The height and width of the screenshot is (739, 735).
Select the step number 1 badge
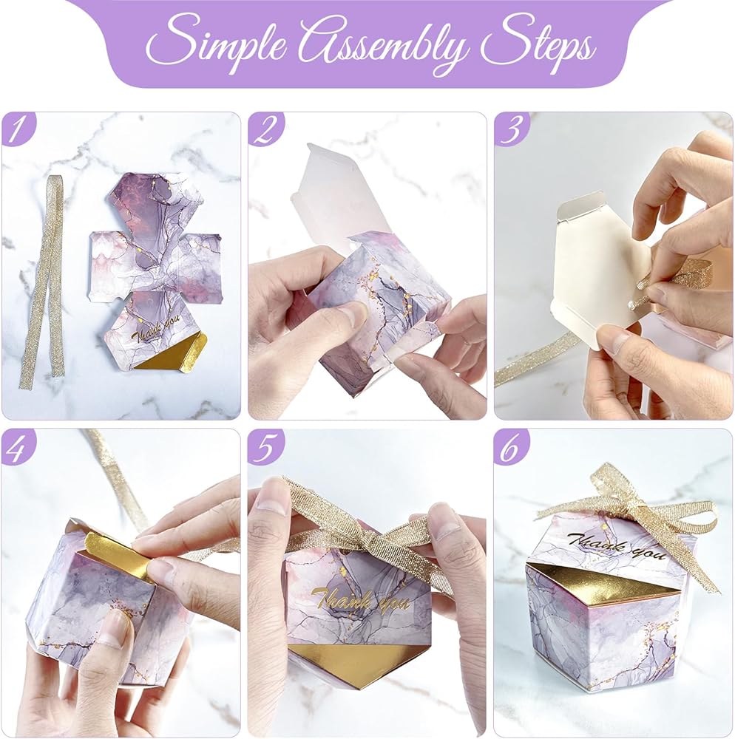[18, 128]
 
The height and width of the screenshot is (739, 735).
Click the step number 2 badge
[265, 128]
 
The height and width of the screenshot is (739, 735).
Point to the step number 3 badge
[511, 128]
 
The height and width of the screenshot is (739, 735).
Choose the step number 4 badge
[18, 446]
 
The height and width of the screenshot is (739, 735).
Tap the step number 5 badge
[265, 446]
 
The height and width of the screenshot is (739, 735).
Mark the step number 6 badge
[511, 446]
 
